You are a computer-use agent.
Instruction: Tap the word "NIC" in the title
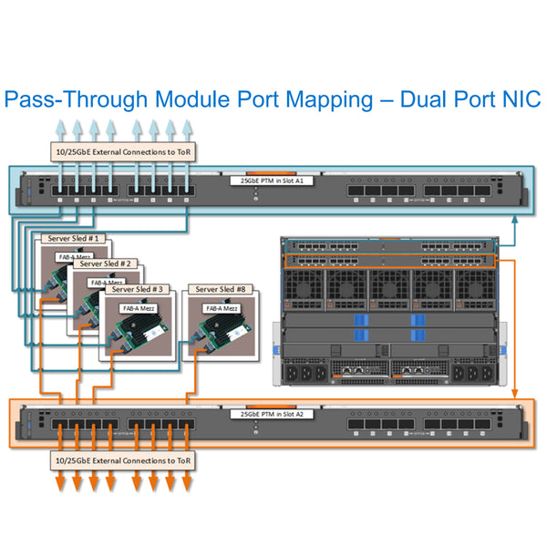pyautogui.click(x=516, y=99)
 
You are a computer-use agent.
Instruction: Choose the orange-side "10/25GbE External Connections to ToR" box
pyautogui.click(x=123, y=461)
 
